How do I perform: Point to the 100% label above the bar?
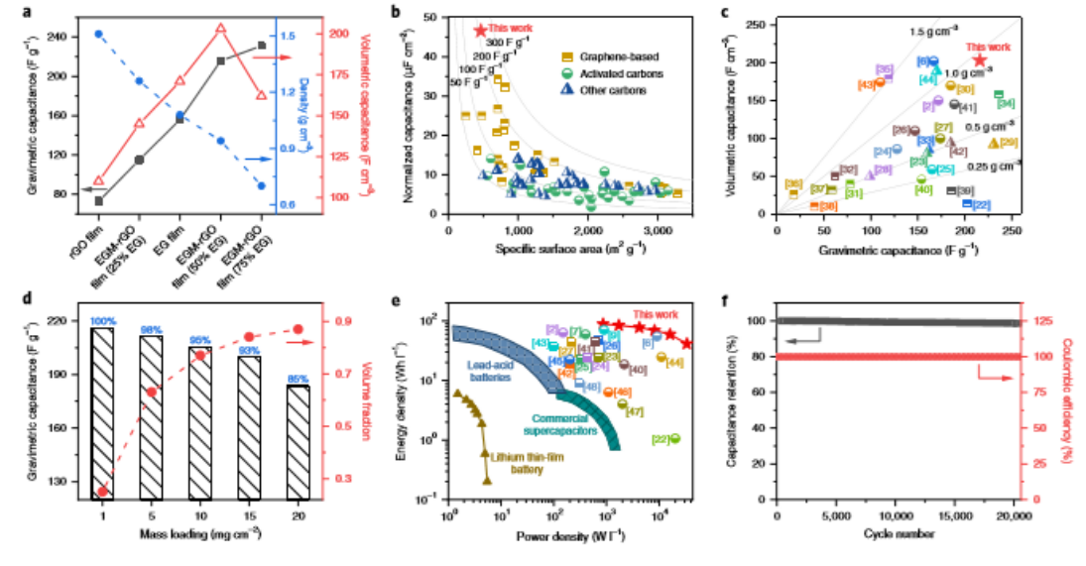[103, 320]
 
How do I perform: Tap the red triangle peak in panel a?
[220, 29]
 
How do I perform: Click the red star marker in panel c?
[980, 60]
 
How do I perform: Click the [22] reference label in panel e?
[663, 439]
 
